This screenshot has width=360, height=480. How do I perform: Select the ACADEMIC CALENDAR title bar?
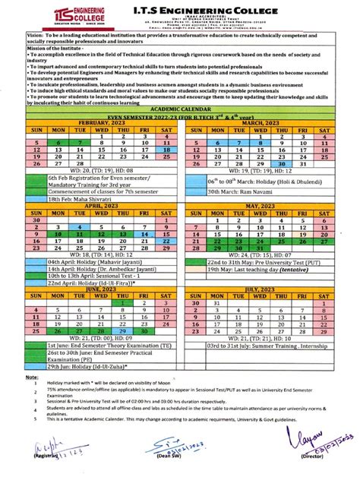tap(180, 108)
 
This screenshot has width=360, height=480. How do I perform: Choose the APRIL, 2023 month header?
tap(90, 205)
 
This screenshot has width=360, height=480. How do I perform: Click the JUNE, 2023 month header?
tap(90, 289)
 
